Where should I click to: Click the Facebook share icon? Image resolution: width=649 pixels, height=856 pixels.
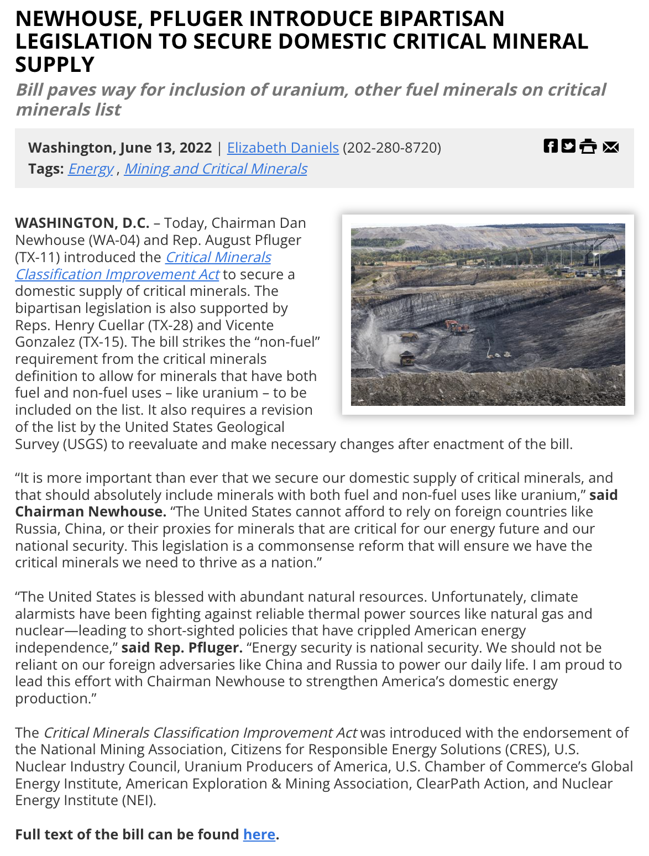551,146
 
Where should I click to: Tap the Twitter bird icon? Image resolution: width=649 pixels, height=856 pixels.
568,146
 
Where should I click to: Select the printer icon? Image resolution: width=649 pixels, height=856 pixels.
588,147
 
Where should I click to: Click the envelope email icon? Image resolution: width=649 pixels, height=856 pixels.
611,147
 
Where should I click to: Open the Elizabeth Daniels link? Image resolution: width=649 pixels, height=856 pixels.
282,148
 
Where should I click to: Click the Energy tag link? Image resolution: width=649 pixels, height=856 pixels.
91,169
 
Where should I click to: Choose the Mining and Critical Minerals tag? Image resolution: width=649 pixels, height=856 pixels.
216,169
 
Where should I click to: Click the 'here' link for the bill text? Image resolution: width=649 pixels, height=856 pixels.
259,834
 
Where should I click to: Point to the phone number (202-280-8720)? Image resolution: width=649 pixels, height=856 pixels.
392,148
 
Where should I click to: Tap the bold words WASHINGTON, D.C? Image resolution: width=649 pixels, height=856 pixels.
82,223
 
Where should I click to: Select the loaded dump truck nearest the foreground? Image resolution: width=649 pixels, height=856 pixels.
407,358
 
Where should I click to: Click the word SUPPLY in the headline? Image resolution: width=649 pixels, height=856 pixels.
55,65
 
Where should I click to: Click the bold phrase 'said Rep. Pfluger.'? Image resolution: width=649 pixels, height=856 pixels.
182,648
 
